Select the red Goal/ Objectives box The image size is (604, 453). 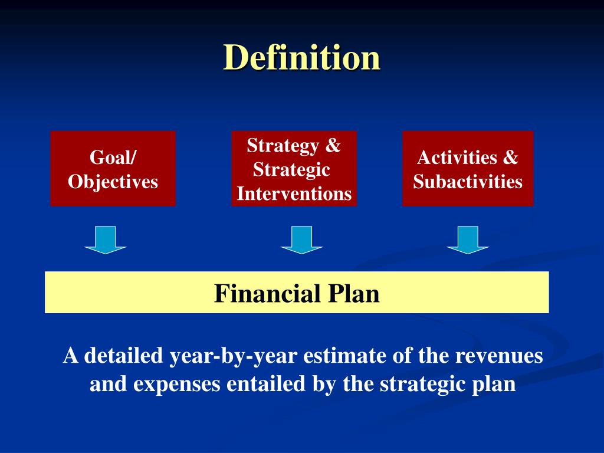click(x=113, y=169)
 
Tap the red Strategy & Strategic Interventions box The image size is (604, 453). click(x=294, y=169)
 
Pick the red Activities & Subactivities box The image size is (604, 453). click(x=467, y=169)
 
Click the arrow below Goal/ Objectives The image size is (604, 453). click(x=106, y=239)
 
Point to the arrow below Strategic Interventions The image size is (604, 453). click(x=301, y=239)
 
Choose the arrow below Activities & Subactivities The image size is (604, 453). click(x=467, y=239)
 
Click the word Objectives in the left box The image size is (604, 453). click(x=113, y=181)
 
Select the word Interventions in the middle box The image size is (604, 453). click(x=294, y=193)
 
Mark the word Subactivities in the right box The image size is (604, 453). click(x=468, y=181)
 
